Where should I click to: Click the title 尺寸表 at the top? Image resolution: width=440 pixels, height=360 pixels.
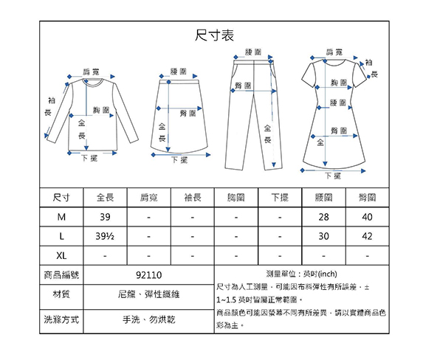coord(214,35)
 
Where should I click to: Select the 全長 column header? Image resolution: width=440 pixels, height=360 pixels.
coord(106,198)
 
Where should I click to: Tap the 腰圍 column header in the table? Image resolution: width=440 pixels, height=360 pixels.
coord(323,198)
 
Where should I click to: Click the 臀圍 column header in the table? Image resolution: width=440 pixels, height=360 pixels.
coord(368,198)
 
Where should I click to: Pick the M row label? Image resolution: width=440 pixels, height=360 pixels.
coord(61,217)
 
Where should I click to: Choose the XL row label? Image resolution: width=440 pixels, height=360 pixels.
coord(61,256)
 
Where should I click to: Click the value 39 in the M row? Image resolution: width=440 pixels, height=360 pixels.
coord(106,217)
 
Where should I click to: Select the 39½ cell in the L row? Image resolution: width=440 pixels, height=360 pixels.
coord(105,236)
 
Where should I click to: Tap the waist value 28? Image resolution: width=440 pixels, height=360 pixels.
coord(323,217)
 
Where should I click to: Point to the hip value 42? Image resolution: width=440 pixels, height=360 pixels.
coord(368,236)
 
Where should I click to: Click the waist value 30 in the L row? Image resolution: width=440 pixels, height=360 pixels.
coord(323,236)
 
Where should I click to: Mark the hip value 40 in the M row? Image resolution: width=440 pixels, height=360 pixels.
coord(368,217)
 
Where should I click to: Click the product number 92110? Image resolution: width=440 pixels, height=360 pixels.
coord(148,275)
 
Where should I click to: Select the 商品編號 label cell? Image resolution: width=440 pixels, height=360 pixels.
coord(61,275)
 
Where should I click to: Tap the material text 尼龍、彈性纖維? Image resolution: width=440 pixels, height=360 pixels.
coord(148,294)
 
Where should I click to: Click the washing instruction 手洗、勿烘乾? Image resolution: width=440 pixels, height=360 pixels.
coord(148,319)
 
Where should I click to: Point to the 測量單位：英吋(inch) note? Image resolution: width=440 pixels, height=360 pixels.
coord(302,274)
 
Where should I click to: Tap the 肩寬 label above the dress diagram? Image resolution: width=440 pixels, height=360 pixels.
coord(334,52)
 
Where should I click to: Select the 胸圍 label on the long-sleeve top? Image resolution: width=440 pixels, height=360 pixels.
coord(101,110)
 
